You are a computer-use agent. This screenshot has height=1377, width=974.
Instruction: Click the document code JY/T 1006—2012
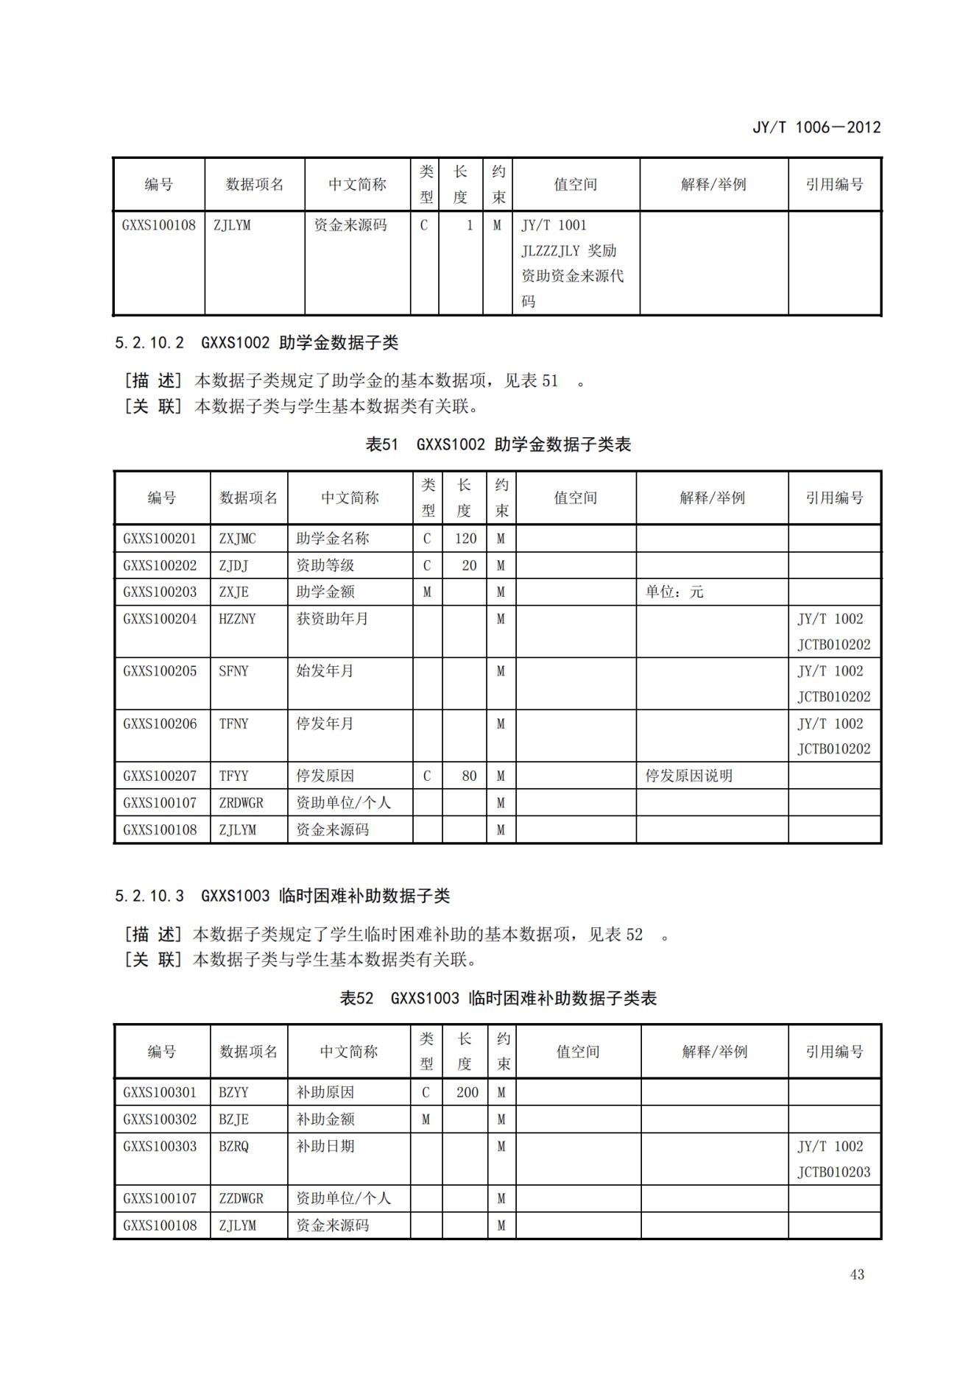click(x=816, y=127)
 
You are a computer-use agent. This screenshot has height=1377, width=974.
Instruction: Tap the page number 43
click(x=857, y=1274)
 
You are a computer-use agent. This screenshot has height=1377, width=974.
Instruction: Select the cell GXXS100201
click(x=160, y=539)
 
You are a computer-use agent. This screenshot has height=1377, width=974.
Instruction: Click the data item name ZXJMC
click(x=237, y=539)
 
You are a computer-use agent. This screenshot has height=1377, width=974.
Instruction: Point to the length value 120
click(x=465, y=539)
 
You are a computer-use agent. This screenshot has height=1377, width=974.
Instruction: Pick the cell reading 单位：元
click(x=674, y=592)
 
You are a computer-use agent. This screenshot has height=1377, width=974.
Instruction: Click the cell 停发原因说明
click(x=688, y=776)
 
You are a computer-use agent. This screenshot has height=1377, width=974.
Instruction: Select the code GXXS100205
click(x=160, y=671)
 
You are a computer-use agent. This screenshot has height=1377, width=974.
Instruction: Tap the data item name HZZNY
click(x=237, y=619)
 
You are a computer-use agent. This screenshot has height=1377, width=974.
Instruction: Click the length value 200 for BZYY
click(x=467, y=1092)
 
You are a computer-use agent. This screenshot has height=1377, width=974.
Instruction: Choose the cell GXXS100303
click(x=160, y=1146)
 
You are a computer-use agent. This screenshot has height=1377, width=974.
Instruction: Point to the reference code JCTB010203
click(x=833, y=1172)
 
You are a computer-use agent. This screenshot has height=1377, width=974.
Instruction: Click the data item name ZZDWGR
click(x=241, y=1198)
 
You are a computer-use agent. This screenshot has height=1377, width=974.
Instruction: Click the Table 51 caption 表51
click(x=381, y=445)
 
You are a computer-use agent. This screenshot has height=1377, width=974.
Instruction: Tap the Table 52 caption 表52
click(x=356, y=998)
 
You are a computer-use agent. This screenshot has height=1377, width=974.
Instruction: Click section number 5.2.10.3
click(x=149, y=896)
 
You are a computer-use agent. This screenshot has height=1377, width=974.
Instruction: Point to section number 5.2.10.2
click(x=149, y=342)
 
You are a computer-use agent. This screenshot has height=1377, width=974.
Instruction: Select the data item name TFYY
click(x=233, y=776)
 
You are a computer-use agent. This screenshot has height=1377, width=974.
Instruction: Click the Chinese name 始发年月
click(x=325, y=671)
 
